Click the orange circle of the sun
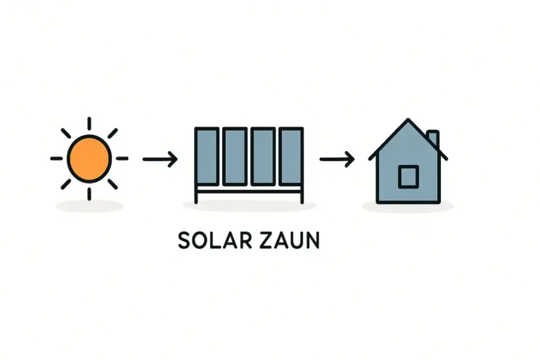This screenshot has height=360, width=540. point(89,158)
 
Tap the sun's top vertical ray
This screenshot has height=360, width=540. point(89,123)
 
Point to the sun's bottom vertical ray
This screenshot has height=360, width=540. point(89,193)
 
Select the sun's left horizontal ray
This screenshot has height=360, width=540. point(56,158)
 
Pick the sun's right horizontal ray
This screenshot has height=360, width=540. point(122,158)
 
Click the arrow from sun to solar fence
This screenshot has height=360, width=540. point(160,159)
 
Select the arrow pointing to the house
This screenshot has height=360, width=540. point(337,159)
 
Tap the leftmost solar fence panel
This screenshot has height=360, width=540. point(207,157)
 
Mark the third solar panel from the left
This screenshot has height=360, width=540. point(263,157)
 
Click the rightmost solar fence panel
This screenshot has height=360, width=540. point(290,157)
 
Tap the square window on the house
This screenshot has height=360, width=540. point(408,176)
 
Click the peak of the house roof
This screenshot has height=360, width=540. point(408,121)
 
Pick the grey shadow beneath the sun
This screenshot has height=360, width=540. point(89,206)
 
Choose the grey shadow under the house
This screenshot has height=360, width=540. point(408,206)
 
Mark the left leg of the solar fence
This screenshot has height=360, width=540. point(197,195)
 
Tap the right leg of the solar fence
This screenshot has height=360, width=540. point(302,195)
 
